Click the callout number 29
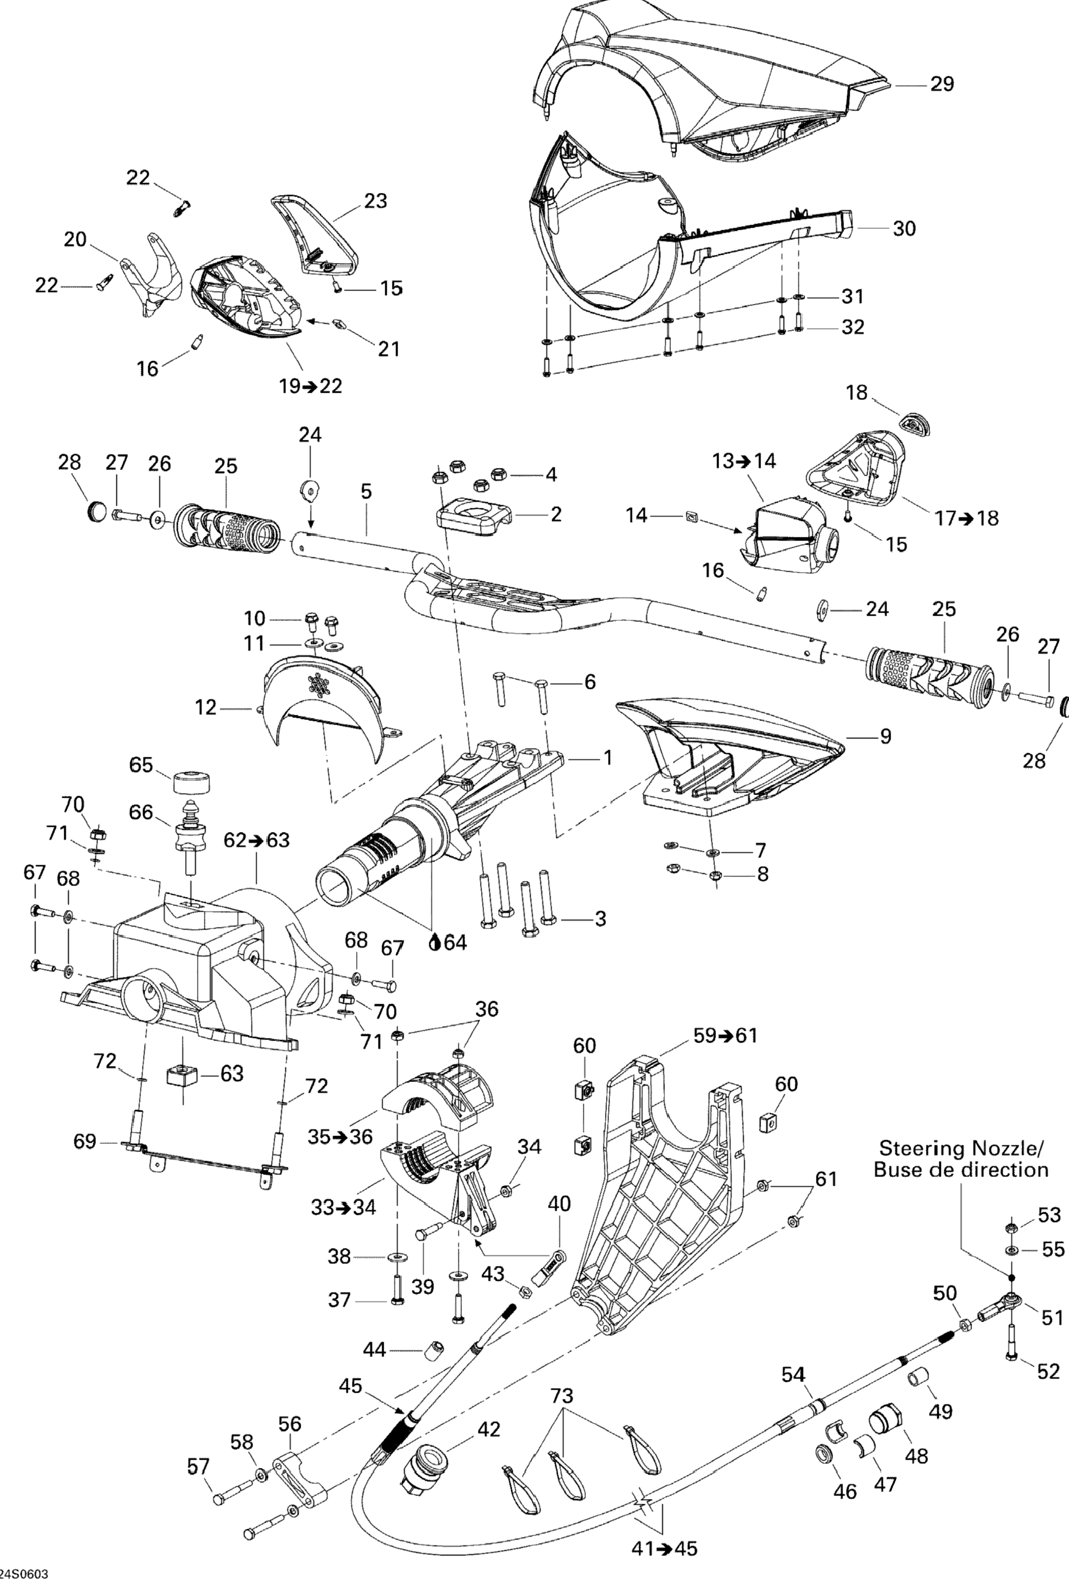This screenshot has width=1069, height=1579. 942,84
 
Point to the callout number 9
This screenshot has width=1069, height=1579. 885,736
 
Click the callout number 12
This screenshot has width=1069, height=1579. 205,708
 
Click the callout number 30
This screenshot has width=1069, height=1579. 904,229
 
